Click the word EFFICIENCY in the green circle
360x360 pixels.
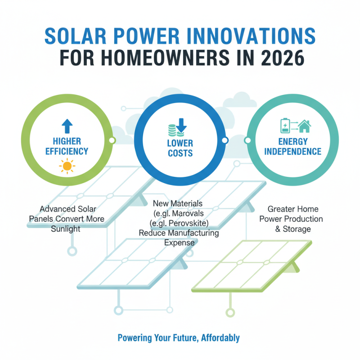pyautogui.click(x=67, y=151)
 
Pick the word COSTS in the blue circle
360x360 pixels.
pyautogui.click(x=180, y=153)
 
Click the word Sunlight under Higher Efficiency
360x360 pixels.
pyautogui.click(x=66, y=229)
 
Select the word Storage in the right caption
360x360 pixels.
pyautogui.click(x=301, y=229)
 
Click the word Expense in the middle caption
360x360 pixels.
pyautogui.click(x=179, y=243)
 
